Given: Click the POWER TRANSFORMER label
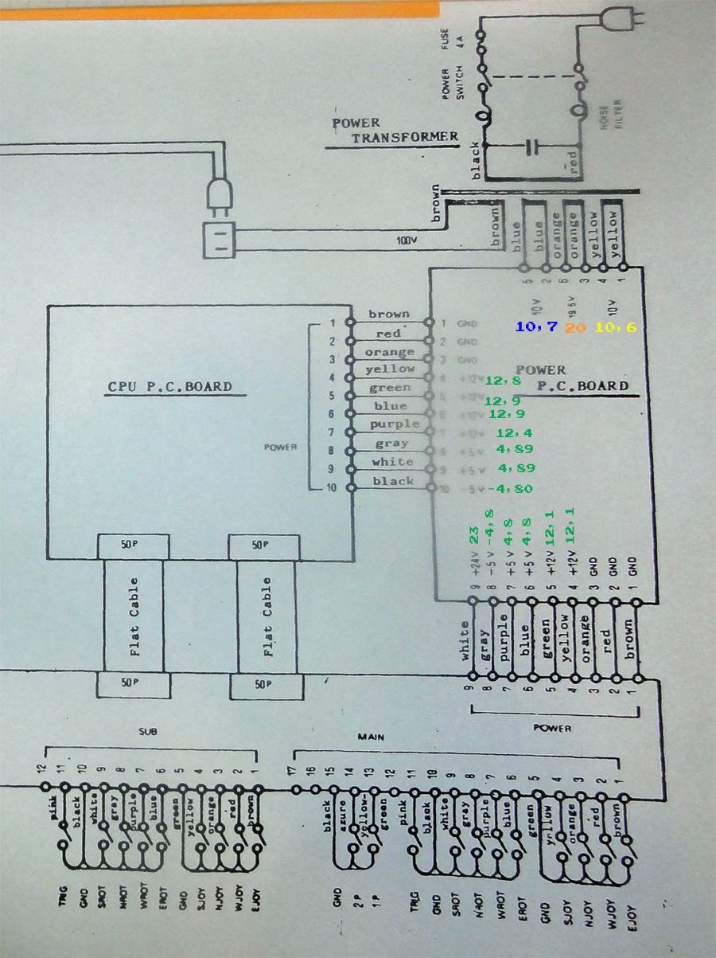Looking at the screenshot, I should [x=395, y=130].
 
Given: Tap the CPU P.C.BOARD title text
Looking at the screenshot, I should [x=169, y=388].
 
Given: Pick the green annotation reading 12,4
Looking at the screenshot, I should [x=515, y=433].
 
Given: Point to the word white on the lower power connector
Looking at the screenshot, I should [x=467, y=639].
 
